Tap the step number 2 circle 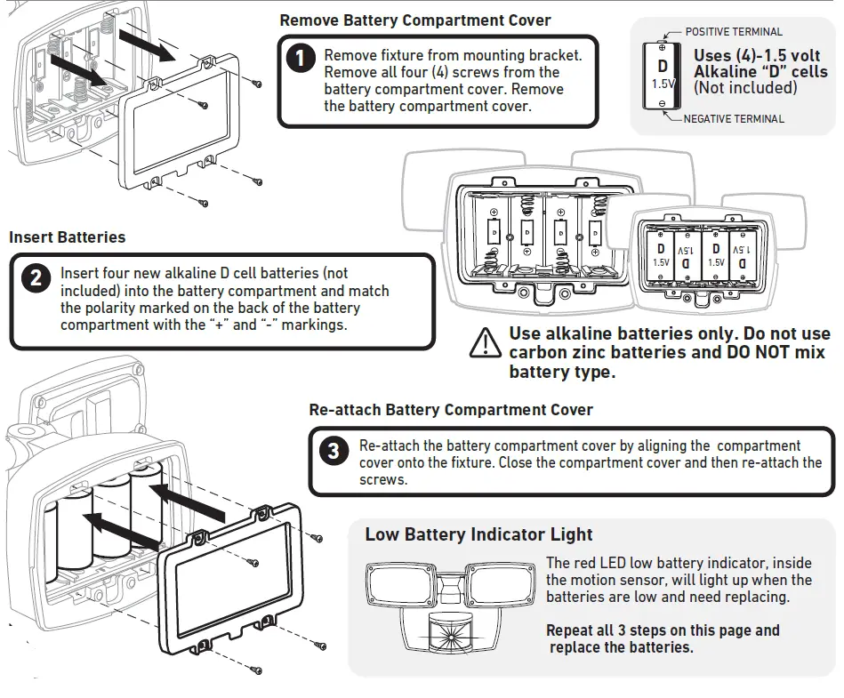[36, 277]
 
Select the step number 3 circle [334, 451]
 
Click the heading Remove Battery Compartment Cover [414, 20]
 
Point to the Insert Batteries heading [68, 237]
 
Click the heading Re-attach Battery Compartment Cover [450, 410]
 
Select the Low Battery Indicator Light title [478, 534]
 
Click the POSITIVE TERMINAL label [734, 32]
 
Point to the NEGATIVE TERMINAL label [734, 118]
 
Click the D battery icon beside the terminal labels [662, 75]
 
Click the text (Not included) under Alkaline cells [744, 87]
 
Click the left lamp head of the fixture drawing [399, 588]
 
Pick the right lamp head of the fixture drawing [502, 586]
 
